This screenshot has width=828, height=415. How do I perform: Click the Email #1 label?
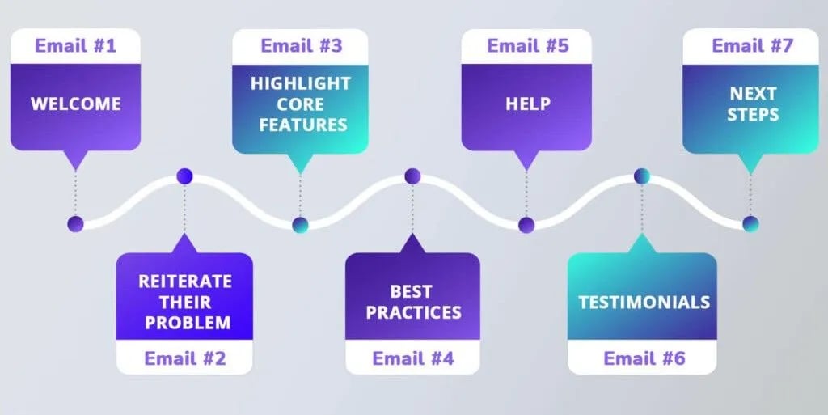pyautogui.click(x=75, y=45)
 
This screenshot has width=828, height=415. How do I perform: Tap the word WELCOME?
pyautogui.click(x=75, y=104)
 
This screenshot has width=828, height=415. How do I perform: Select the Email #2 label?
pyautogui.click(x=184, y=358)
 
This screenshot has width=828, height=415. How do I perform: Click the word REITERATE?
pyautogui.click(x=184, y=282)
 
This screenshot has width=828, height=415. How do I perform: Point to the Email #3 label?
pyautogui.click(x=300, y=45)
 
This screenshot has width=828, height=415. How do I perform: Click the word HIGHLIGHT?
pyautogui.click(x=300, y=83)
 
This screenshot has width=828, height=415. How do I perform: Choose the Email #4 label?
pyautogui.click(x=412, y=358)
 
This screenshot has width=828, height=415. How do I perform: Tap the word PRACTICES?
pyautogui.click(x=413, y=312)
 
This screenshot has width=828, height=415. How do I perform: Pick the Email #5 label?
pyautogui.click(x=528, y=45)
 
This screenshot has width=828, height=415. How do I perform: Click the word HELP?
pyautogui.click(x=528, y=104)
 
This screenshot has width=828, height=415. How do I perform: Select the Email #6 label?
pyautogui.click(x=642, y=358)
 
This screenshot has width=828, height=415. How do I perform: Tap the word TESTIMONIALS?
pyautogui.click(x=644, y=303)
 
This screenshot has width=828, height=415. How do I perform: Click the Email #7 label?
pyautogui.click(x=752, y=45)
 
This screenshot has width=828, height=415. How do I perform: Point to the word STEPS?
pyautogui.click(x=752, y=115)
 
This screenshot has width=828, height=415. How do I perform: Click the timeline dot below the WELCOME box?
pyautogui.click(x=76, y=224)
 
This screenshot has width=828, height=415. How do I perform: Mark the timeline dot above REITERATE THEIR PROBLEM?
pyautogui.click(x=184, y=176)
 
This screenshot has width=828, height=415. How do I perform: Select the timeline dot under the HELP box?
pyautogui.click(x=526, y=225)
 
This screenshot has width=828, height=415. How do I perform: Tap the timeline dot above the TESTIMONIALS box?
pyautogui.click(x=642, y=176)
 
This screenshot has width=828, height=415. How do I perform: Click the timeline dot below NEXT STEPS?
pyautogui.click(x=751, y=224)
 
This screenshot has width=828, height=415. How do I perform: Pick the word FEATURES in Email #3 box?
pyautogui.click(x=300, y=125)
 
